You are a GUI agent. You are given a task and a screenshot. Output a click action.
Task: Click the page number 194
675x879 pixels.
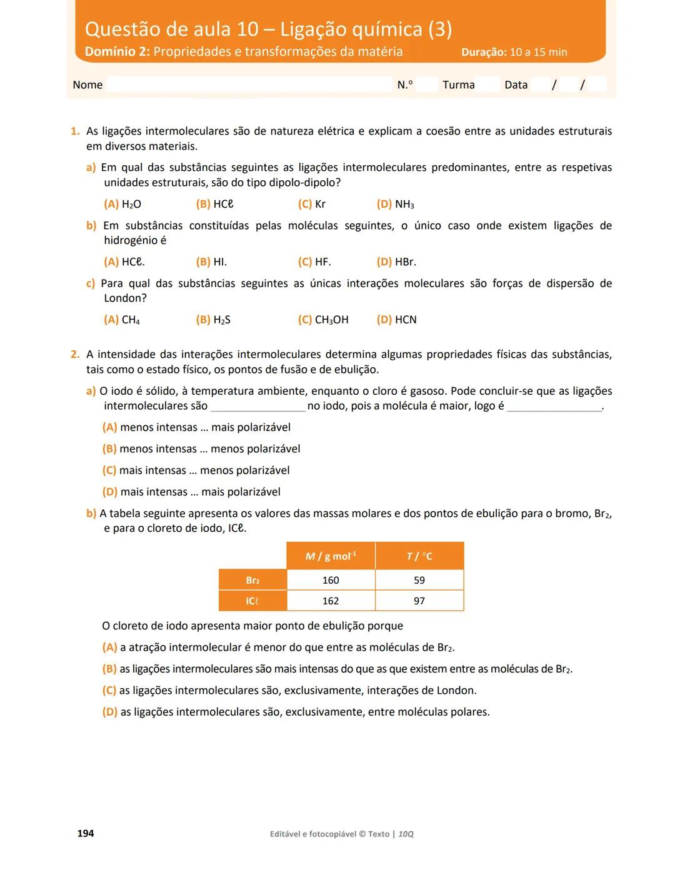click(86, 833)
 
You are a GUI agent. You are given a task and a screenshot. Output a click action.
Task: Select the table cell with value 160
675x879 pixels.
click(331, 580)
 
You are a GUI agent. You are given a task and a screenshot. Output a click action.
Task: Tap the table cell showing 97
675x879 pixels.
click(419, 601)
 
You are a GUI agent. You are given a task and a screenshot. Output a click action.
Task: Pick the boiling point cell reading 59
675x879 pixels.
click(419, 580)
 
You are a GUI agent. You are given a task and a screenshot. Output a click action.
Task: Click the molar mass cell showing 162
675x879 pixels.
click(331, 601)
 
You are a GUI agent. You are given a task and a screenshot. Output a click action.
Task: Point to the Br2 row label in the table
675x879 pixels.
click(252, 580)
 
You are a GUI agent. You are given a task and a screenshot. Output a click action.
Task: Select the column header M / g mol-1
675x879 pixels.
click(331, 556)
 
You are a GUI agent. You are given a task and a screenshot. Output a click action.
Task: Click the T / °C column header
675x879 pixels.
click(419, 556)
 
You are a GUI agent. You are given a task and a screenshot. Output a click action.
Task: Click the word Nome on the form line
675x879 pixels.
click(87, 85)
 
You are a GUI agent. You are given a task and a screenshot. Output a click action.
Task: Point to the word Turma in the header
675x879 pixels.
click(459, 85)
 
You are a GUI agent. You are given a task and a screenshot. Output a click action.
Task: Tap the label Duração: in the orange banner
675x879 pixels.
click(484, 53)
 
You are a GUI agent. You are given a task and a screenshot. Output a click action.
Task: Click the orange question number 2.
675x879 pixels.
click(75, 355)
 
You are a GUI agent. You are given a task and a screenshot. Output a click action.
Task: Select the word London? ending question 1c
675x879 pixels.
click(125, 298)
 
